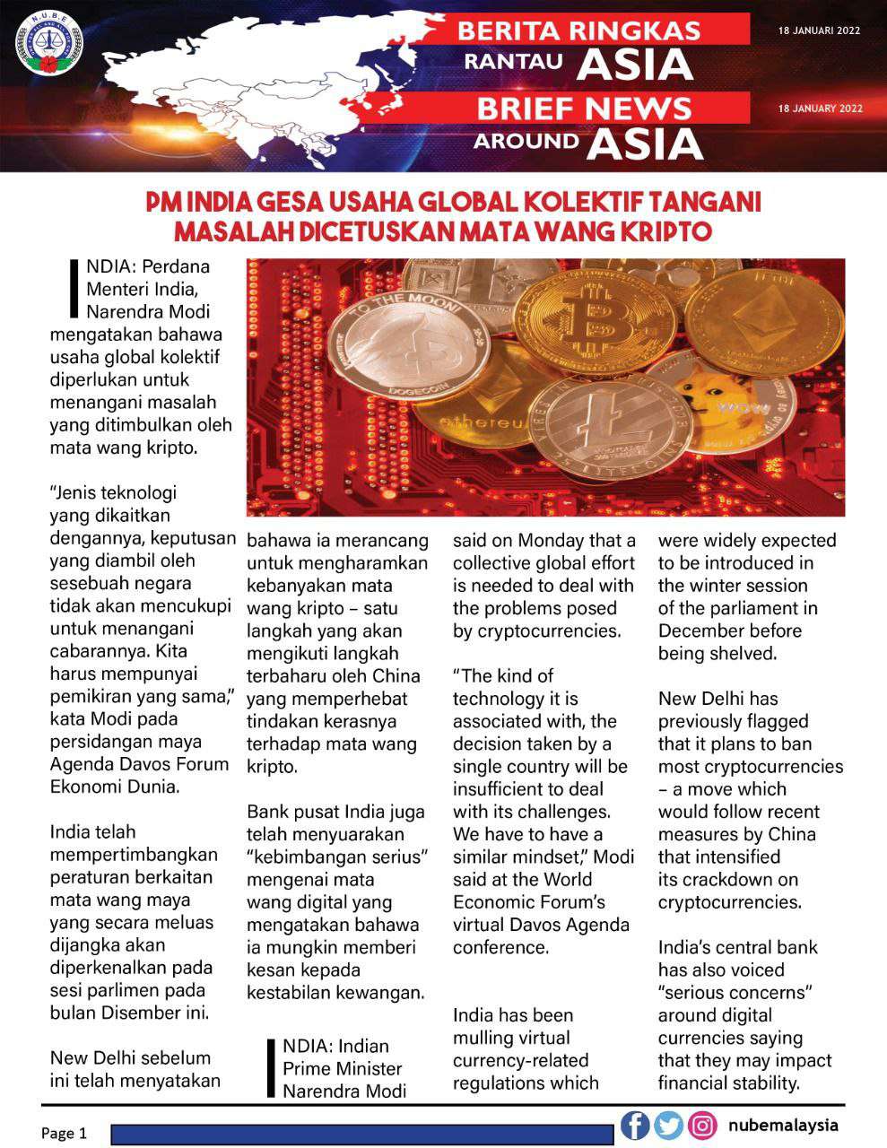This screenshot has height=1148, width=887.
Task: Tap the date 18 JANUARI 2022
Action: [x=820, y=30]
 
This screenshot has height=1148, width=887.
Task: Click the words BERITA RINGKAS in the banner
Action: [x=578, y=30]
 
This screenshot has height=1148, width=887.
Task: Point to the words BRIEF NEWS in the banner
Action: [x=584, y=109]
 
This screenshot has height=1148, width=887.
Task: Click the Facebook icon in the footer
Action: [x=635, y=1125]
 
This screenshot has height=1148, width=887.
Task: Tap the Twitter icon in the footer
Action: [x=668, y=1125]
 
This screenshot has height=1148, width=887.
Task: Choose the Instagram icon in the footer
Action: [x=703, y=1125]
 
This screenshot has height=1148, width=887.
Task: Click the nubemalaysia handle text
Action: [x=783, y=1125]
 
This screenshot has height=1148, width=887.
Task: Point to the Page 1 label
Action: [x=64, y=1134]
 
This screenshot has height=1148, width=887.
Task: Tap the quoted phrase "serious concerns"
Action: [x=735, y=993]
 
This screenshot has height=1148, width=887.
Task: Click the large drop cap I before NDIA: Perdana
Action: [x=74, y=289]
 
